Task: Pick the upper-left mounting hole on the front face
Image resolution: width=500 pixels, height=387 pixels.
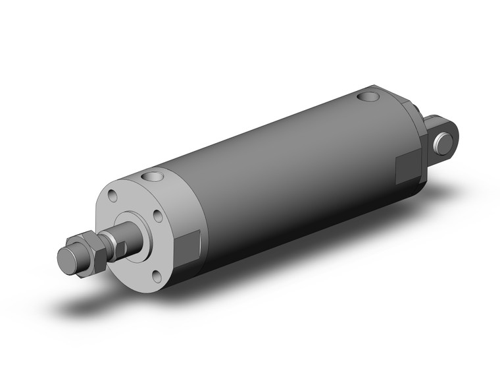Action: click(113, 195)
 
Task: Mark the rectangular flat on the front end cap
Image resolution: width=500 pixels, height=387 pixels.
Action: click(191, 245)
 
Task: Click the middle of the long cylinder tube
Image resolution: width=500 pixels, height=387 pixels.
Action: click(289, 178)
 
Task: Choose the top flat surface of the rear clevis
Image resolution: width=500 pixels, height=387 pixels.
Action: click(436, 120)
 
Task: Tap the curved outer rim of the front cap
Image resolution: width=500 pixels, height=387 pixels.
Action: click(178, 198)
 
